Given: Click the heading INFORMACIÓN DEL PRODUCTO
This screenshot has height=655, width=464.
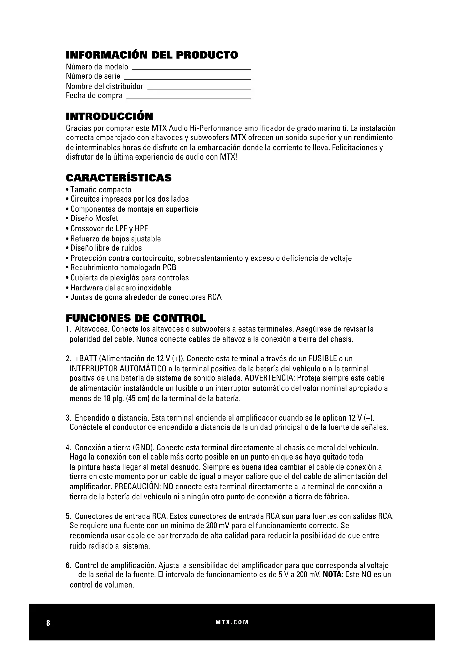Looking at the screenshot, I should point(152,55).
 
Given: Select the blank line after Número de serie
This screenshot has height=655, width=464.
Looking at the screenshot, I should point(187,79).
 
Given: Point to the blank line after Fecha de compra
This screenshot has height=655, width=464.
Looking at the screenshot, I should point(188,98).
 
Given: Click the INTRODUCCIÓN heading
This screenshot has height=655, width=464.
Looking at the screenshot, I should point(109,116).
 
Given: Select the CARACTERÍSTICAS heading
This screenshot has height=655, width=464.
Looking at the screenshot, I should point(119,178).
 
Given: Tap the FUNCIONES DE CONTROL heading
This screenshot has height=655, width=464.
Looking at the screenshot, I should point(136,318).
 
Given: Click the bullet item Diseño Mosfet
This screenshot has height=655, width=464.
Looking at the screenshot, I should point(94,218).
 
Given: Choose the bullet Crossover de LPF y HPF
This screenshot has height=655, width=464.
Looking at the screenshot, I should point(109,229).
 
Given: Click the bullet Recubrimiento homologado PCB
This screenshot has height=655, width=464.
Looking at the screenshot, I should point(123,268).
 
